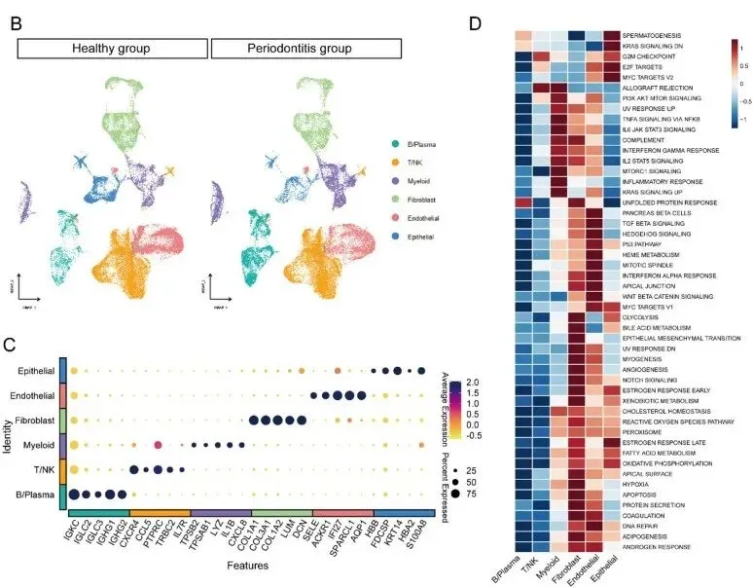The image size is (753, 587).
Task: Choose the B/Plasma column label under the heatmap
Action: coord(521,561)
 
